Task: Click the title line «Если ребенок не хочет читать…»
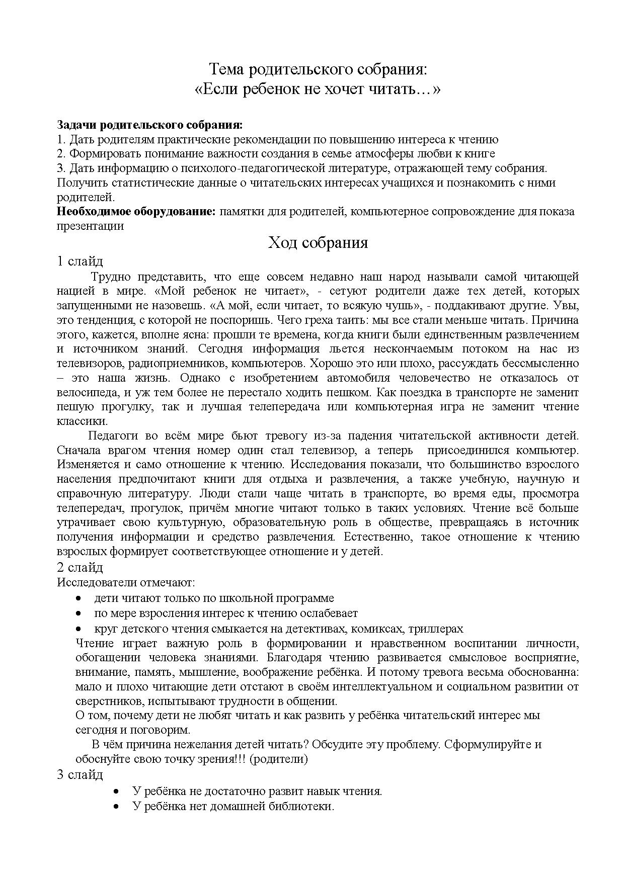click(x=317, y=90)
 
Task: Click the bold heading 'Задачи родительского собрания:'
click(x=149, y=124)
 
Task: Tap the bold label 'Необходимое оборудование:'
click(x=136, y=211)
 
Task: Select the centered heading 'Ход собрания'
click(x=318, y=243)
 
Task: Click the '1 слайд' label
click(x=80, y=261)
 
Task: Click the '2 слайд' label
click(x=80, y=567)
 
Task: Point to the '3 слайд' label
click(x=80, y=774)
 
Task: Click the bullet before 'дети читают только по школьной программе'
click(x=79, y=598)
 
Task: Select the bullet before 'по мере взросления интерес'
click(x=79, y=613)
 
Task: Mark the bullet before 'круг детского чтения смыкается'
click(x=79, y=629)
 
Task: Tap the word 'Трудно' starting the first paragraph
click(x=111, y=277)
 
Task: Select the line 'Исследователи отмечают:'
click(x=126, y=583)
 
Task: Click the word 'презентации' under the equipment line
click(x=90, y=226)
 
